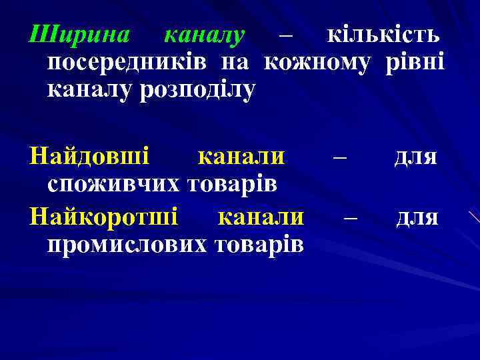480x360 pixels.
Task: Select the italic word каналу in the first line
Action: click(205, 34)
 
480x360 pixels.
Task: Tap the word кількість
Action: click(382, 34)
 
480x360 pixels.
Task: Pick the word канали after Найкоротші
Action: click(261, 217)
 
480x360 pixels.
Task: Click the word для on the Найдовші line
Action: click(415, 157)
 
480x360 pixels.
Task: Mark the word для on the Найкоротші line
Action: click(417, 217)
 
